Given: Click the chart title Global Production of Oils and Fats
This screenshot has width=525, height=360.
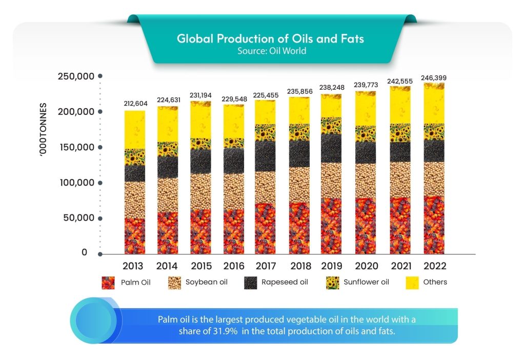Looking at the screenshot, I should click(x=270, y=39).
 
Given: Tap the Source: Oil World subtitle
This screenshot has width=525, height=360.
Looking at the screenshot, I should click(x=272, y=51).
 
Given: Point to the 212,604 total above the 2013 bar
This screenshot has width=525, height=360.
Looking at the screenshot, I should click(x=135, y=104).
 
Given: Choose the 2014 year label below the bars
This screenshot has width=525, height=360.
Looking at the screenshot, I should click(x=168, y=266).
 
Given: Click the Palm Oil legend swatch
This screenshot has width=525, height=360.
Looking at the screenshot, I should click(x=108, y=282).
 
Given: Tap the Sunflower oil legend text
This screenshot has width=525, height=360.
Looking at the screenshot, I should click(x=367, y=282).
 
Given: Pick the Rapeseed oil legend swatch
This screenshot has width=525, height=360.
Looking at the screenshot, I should click(x=251, y=282).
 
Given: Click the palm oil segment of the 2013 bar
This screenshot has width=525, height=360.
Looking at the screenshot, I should click(x=135, y=236).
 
